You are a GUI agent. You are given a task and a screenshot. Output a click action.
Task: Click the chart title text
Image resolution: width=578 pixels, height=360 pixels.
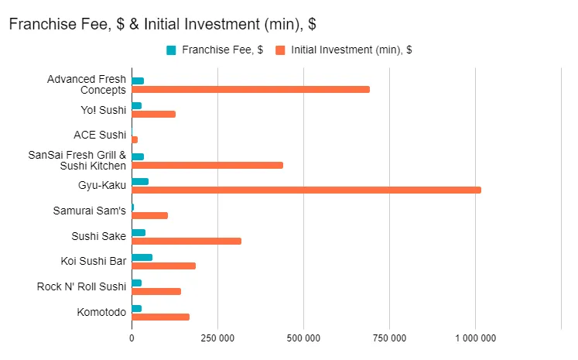162,24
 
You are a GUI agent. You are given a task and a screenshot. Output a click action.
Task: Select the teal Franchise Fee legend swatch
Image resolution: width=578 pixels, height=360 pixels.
171,50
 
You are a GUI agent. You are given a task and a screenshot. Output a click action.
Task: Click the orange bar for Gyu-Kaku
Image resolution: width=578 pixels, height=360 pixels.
306,190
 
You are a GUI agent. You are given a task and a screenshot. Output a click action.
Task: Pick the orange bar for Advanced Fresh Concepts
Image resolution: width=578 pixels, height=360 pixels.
251,89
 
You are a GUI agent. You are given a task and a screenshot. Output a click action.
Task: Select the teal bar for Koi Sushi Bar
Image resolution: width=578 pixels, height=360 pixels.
142,257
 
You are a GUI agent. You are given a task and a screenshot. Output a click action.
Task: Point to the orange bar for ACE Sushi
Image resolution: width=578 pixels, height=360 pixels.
135,139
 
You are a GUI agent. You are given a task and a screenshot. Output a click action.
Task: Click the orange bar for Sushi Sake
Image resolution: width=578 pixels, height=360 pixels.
186,241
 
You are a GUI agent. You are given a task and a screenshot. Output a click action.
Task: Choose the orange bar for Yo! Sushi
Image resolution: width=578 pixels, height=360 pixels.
153,114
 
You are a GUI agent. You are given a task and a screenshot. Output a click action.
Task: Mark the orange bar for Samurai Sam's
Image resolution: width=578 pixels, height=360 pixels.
149,215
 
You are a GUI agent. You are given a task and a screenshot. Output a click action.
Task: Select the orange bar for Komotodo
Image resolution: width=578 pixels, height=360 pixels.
160,317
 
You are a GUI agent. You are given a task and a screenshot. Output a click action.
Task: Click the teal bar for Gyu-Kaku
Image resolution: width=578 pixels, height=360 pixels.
140,181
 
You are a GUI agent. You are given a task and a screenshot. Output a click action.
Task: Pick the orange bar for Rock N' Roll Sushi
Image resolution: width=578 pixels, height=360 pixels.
156,291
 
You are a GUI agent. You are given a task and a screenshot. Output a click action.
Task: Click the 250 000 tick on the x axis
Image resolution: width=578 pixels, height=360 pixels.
217,338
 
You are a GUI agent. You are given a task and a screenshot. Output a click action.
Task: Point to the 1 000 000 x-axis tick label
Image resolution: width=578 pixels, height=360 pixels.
475,338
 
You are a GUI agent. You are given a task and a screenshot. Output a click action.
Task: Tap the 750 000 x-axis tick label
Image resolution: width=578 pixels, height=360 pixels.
389,338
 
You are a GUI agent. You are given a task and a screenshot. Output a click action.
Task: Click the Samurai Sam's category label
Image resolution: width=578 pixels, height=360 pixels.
89,211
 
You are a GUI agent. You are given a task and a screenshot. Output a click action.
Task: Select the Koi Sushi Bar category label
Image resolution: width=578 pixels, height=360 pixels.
93,261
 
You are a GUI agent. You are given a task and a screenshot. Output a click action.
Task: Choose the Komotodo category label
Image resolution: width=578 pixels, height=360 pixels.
101,312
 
